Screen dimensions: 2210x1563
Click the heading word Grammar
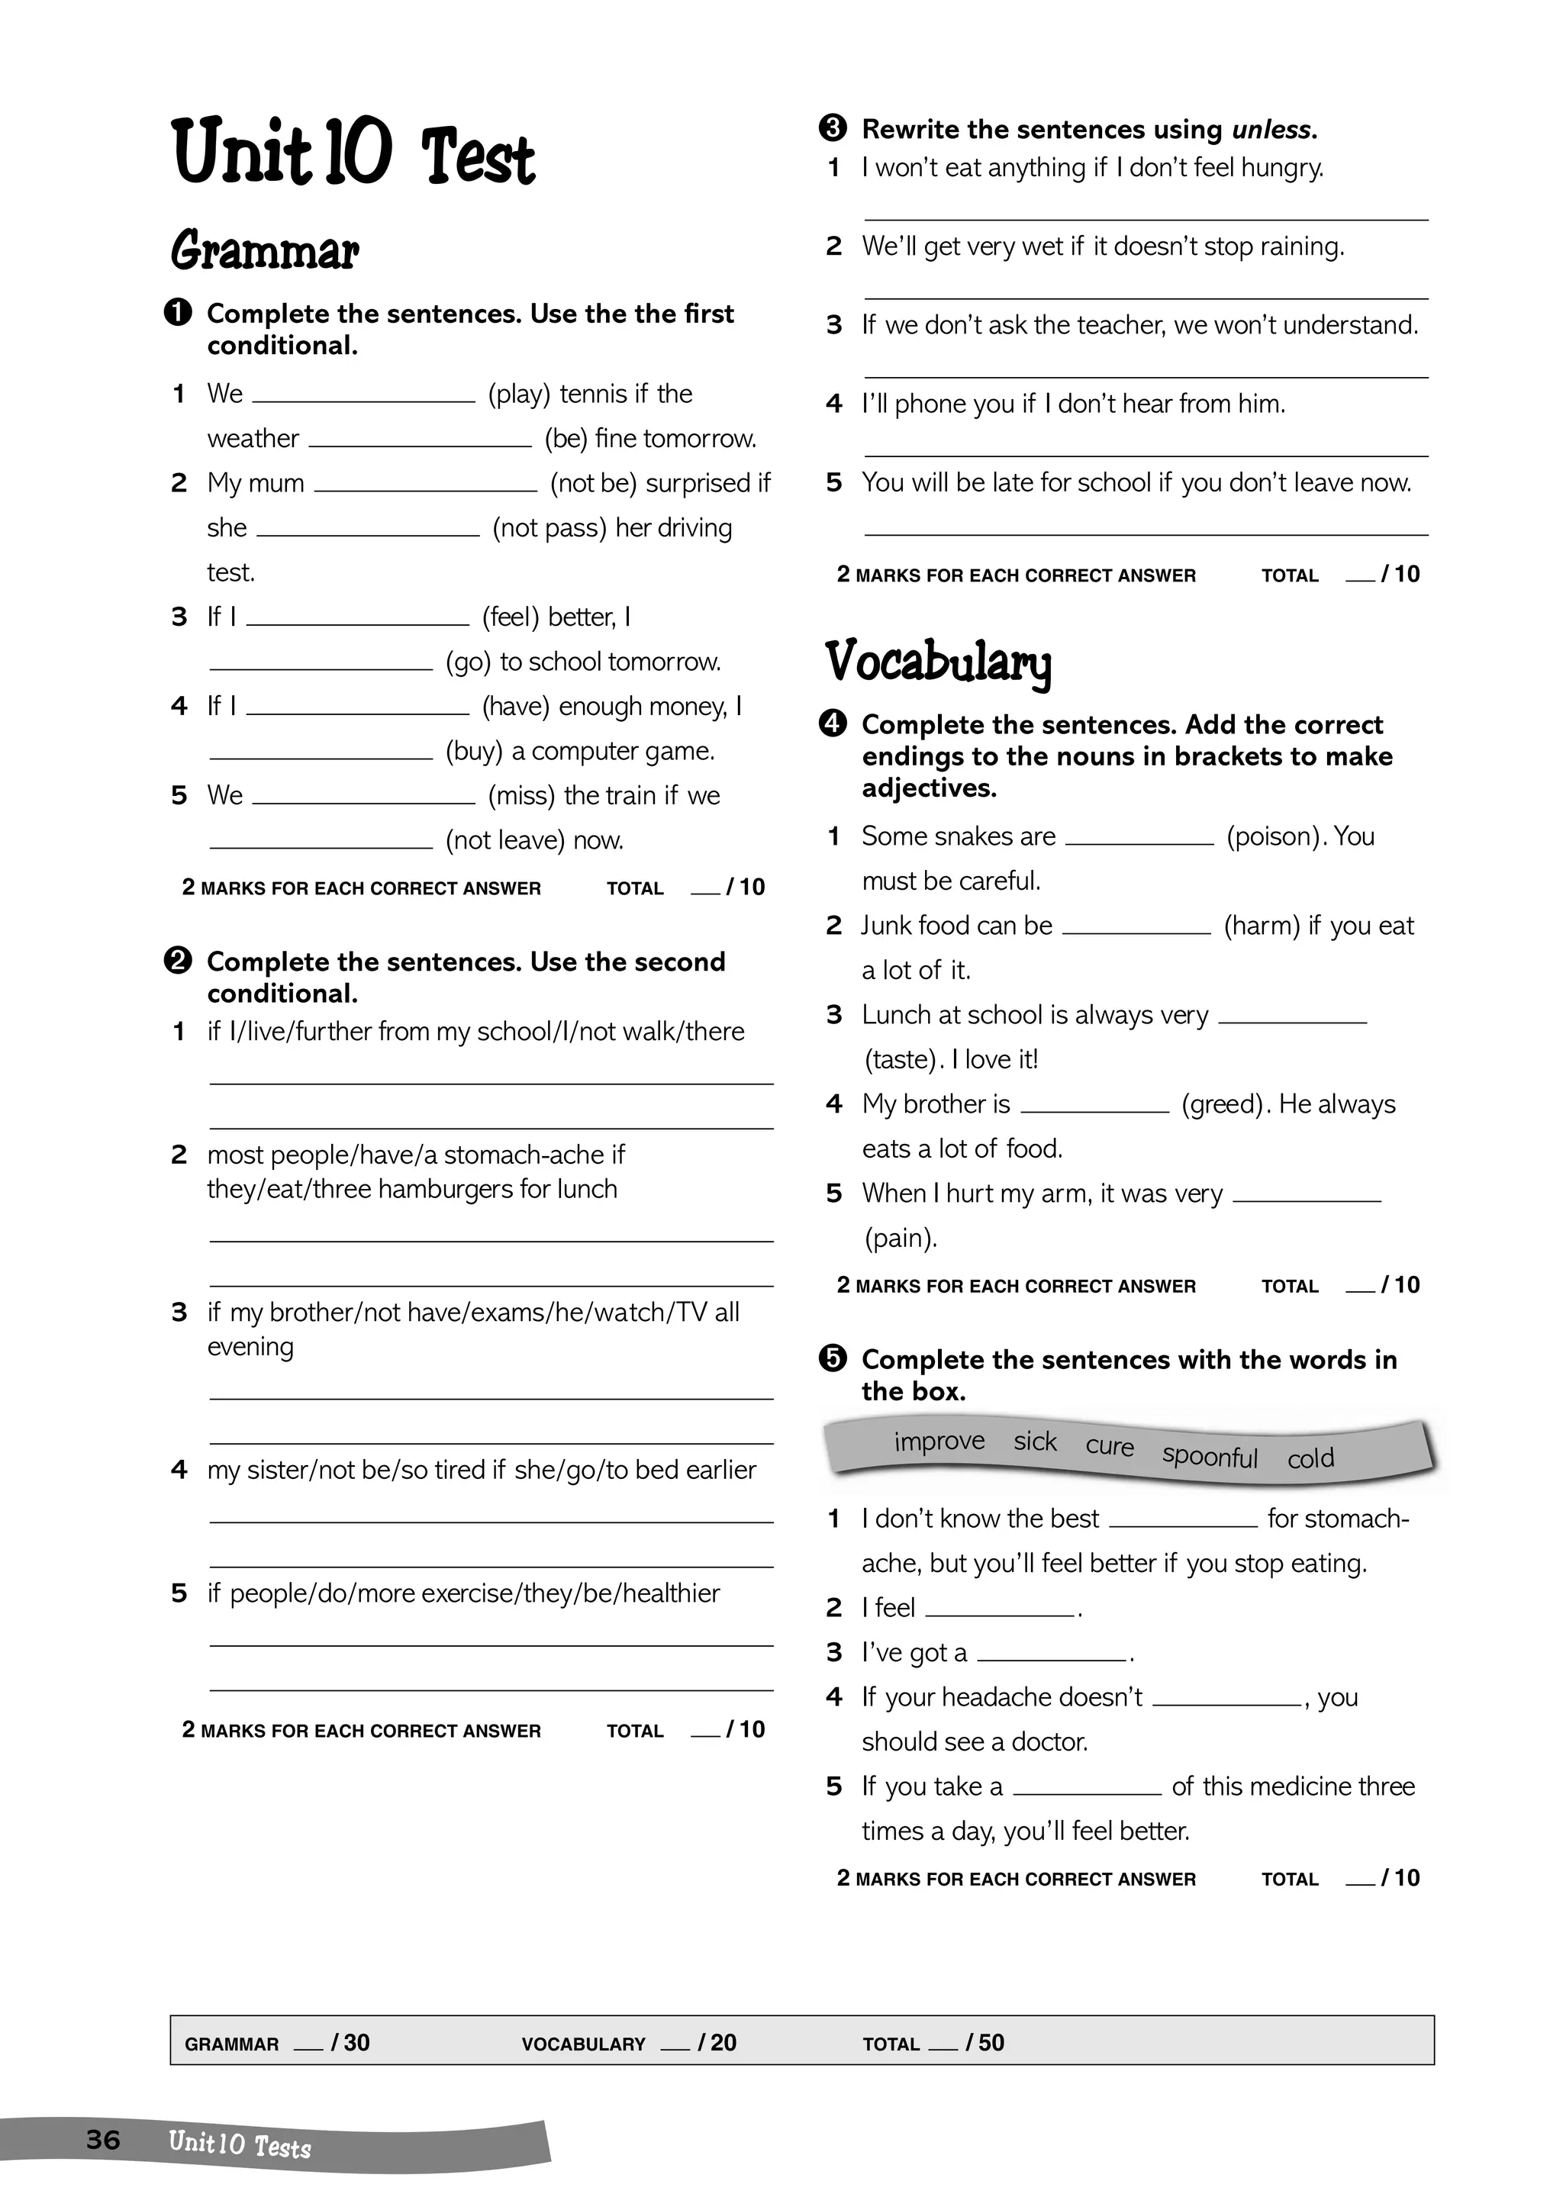(265, 252)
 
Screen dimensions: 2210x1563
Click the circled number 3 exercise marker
(833, 128)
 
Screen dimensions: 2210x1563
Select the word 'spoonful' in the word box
(1209, 1456)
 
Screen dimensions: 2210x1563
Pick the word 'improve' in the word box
(939, 1441)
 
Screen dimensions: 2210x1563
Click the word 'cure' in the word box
(1109, 1447)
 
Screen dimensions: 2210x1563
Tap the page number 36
(103, 2140)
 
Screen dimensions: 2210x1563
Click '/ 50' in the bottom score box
(985, 2044)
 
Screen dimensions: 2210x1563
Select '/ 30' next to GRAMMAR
(350, 2044)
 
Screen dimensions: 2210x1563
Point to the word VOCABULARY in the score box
(583, 2044)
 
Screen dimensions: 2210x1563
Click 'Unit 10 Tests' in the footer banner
(240, 2143)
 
